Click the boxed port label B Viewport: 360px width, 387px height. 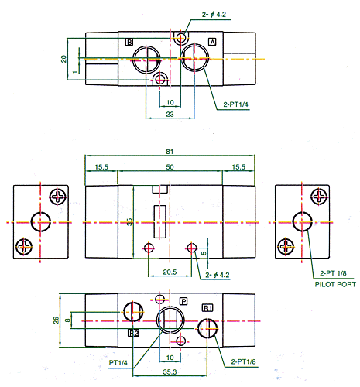(129, 42)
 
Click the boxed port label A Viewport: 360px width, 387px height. (212, 42)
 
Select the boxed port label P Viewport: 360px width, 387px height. (183, 301)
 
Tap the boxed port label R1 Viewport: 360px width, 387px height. (207, 308)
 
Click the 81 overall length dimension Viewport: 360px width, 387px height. (170, 152)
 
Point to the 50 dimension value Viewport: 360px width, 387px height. (170, 167)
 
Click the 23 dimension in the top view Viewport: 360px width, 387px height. (170, 114)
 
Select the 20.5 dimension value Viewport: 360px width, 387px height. (170, 272)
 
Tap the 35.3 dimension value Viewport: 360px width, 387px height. (170, 372)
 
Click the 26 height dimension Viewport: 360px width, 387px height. (56, 320)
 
